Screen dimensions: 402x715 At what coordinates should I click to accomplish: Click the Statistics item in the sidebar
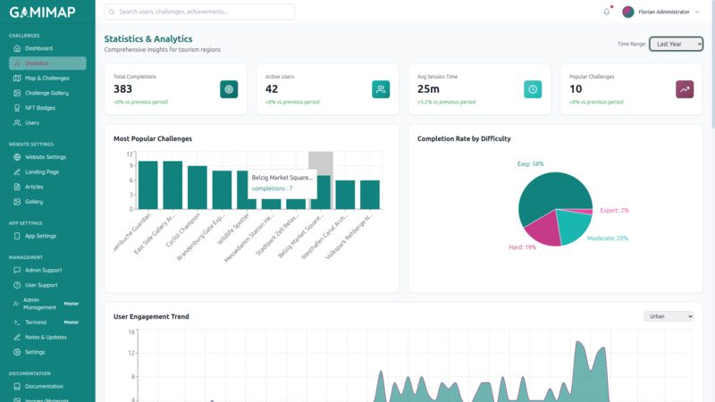(x=37, y=63)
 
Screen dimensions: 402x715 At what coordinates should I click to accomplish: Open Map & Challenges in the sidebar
(x=46, y=78)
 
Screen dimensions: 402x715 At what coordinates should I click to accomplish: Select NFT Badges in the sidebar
(x=40, y=107)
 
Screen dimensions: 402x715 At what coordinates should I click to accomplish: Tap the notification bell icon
(x=607, y=12)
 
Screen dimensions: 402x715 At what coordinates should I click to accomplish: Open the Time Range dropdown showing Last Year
(x=676, y=44)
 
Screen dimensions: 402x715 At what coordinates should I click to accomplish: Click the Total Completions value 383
(x=123, y=88)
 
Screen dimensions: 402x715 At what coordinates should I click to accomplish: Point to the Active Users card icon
(x=381, y=89)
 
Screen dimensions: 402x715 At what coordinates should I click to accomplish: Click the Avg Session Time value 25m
(x=428, y=88)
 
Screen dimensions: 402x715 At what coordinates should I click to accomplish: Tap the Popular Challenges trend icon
(x=685, y=89)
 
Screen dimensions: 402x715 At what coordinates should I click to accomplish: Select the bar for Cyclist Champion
(x=198, y=187)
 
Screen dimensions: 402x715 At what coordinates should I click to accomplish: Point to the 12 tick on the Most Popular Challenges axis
(x=130, y=155)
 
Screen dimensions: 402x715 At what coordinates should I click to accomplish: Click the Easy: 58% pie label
(x=531, y=164)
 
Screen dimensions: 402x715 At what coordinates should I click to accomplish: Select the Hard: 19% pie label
(x=522, y=247)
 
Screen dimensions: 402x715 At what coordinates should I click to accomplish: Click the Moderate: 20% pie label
(x=608, y=239)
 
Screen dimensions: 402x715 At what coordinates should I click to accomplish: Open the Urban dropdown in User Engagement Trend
(x=669, y=316)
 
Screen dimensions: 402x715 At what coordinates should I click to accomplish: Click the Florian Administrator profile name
(x=663, y=12)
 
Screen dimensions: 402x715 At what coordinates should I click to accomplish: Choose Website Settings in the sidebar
(x=45, y=157)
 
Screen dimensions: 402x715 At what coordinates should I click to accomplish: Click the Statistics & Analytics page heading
(x=148, y=39)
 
